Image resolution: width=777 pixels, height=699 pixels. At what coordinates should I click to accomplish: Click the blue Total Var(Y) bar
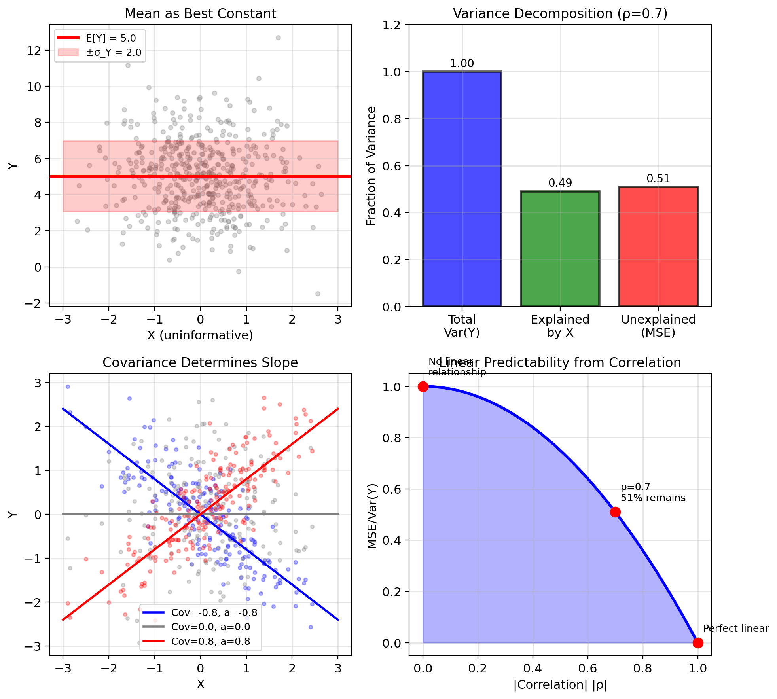pyautogui.click(x=462, y=189)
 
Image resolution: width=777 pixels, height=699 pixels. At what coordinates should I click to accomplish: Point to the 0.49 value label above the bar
pyautogui.click(x=560, y=183)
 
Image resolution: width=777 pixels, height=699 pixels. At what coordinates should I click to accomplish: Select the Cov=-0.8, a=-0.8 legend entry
pyautogui.click(x=200, y=612)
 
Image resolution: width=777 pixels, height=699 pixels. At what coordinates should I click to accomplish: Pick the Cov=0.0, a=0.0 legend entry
pyautogui.click(x=200, y=627)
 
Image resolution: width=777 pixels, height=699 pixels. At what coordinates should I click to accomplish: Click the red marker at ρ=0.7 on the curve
pyautogui.click(x=615, y=512)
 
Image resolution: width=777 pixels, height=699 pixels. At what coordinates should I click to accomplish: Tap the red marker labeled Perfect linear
pyautogui.click(x=698, y=643)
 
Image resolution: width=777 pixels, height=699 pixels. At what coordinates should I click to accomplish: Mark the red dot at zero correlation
pyautogui.click(x=423, y=386)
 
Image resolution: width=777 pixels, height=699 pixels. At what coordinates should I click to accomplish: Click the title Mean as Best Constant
pyautogui.click(x=200, y=14)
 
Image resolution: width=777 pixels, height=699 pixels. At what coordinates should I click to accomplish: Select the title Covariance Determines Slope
pyautogui.click(x=200, y=363)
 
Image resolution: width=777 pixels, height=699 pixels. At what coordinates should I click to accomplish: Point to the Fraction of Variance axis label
pyautogui.click(x=371, y=166)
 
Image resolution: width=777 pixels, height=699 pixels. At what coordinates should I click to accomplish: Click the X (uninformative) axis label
pyautogui.click(x=200, y=335)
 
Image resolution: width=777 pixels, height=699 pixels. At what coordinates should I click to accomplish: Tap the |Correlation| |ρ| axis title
pyautogui.click(x=560, y=684)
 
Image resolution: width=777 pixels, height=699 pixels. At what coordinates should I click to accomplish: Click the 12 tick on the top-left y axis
pyautogui.click(x=34, y=51)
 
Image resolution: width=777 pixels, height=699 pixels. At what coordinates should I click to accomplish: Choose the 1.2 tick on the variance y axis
pyautogui.click(x=391, y=25)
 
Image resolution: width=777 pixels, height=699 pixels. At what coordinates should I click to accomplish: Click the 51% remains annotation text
pyautogui.click(x=653, y=498)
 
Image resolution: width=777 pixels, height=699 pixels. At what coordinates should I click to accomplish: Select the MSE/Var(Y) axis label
pyautogui.click(x=372, y=516)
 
